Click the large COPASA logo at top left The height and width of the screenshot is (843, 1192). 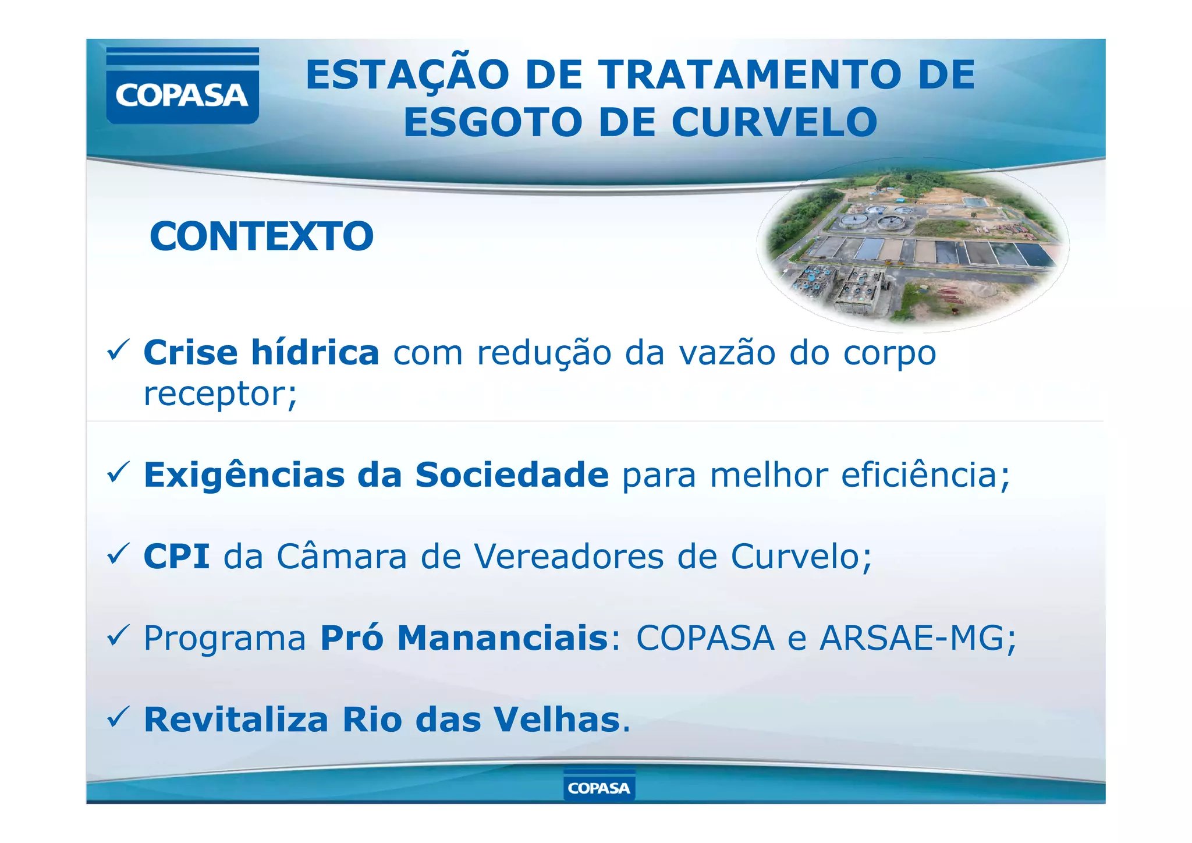point(182,86)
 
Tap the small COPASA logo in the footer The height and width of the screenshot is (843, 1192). point(599,787)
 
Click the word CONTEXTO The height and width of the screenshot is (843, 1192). point(261,236)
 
